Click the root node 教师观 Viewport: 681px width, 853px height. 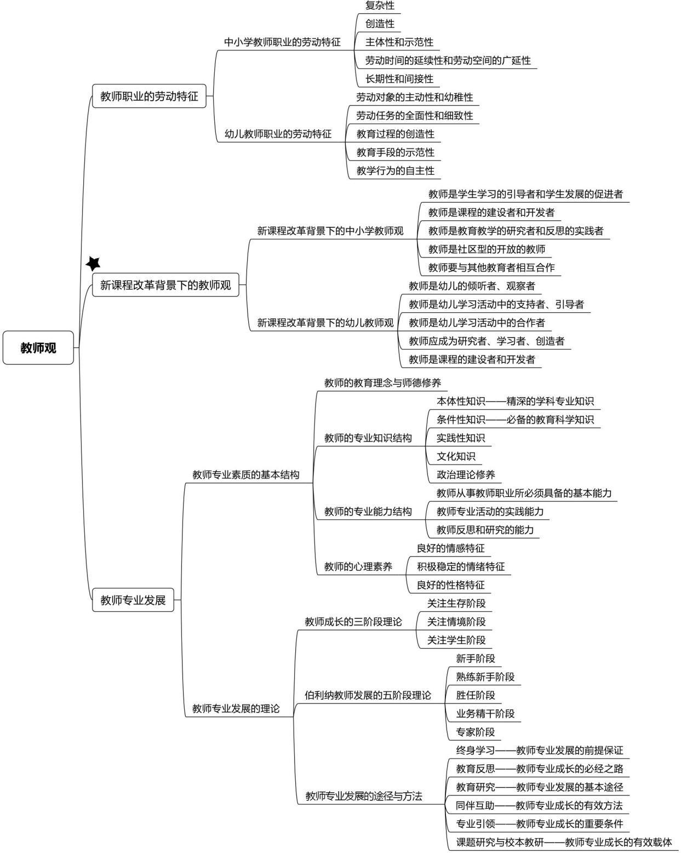click(38, 348)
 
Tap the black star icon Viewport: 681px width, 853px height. click(94, 264)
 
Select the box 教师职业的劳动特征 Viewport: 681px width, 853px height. click(149, 97)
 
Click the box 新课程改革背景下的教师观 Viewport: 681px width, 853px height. click(165, 285)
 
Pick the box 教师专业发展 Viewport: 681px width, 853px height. click(133, 600)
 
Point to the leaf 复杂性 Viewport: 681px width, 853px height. click(380, 5)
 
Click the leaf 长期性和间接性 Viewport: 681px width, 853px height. click(399, 79)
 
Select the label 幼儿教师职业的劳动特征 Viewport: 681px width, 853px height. click(278, 134)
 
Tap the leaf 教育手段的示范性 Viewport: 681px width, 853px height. click(395, 152)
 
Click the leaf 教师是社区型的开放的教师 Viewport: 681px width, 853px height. click(487, 249)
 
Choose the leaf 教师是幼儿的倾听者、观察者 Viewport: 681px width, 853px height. click(472, 286)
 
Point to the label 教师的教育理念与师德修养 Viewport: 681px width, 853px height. click(382, 383)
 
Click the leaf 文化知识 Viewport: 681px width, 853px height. click(456, 456)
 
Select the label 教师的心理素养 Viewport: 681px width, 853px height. click(358, 566)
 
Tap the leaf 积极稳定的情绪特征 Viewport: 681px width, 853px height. click(461, 566)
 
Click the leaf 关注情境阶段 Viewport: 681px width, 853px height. click(456, 622)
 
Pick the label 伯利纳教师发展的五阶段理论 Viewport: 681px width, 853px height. click(368, 695)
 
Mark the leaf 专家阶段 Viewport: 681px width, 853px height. click(476, 732)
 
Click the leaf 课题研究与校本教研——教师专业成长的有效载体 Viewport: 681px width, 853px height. click(564, 842)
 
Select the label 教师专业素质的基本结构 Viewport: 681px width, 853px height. click(246, 475)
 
